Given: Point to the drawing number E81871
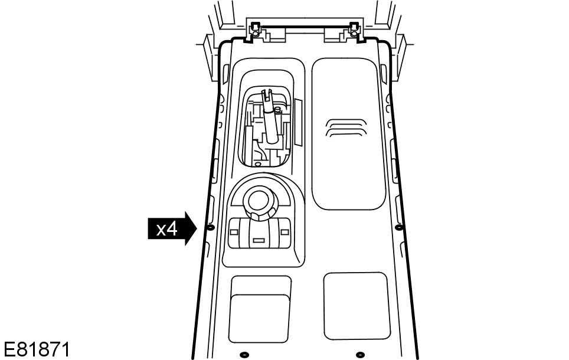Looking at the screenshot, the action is pyautogui.click(x=36, y=349).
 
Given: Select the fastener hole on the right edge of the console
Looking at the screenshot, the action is pyautogui.click(x=398, y=227).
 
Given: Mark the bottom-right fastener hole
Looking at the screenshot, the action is pyautogui.click(x=361, y=355).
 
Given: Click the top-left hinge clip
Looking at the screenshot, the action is pyautogui.click(x=254, y=29).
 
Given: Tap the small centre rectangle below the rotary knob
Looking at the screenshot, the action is pyautogui.click(x=258, y=240).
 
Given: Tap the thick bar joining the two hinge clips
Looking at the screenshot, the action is pyautogui.click(x=304, y=27).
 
